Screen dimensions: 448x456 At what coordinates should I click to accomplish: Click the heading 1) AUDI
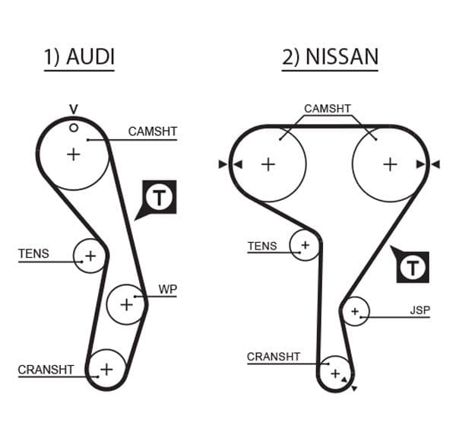[x=79, y=57]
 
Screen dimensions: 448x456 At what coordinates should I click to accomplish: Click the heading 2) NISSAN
[x=330, y=57]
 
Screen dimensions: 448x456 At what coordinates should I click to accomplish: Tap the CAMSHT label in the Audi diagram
[x=152, y=132]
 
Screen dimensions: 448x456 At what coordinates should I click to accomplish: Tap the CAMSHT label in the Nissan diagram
[x=328, y=109]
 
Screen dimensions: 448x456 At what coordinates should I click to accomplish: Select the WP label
[x=167, y=289]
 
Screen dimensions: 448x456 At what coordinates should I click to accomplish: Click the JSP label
[x=420, y=310]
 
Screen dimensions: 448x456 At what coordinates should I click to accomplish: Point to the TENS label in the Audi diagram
[x=33, y=253]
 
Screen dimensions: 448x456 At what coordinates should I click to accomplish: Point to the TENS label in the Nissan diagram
[x=262, y=246]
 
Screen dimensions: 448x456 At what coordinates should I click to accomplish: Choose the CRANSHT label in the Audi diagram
[x=46, y=370]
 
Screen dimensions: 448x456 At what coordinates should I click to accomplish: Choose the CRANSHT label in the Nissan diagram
[x=274, y=356]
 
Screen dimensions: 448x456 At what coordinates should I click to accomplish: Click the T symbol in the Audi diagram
[x=160, y=198]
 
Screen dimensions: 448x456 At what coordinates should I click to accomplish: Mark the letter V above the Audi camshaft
[x=73, y=110]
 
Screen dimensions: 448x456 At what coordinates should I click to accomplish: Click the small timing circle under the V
[x=73, y=127]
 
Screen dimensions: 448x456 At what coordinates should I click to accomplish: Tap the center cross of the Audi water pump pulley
[x=125, y=304]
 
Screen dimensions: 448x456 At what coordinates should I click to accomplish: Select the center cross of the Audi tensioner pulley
[x=90, y=256]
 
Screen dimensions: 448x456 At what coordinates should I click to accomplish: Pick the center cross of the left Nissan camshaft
[x=268, y=164]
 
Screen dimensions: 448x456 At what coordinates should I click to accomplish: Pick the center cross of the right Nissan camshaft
[x=390, y=164]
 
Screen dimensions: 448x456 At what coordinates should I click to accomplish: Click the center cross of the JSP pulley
[x=354, y=311]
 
